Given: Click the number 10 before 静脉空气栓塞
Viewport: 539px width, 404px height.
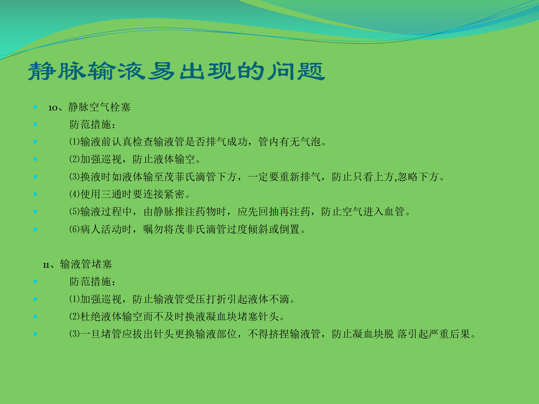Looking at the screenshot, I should pyautogui.click(x=53, y=108).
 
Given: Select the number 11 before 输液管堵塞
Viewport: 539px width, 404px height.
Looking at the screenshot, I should pyautogui.click(x=46, y=265).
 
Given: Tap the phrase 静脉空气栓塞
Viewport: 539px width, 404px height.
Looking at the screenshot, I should pyautogui.click(x=99, y=107).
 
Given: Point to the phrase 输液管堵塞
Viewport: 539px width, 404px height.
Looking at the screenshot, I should pyautogui.click(x=86, y=264).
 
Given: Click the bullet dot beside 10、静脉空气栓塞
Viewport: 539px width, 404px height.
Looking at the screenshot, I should pyautogui.click(x=35, y=107).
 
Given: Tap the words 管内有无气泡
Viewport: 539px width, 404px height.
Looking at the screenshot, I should pyautogui.click(x=289, y=142).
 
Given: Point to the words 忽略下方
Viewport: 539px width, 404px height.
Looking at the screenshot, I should pyautogui.click(x=418, y=177).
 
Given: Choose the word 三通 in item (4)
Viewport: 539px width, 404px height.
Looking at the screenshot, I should pyautogui.click(x=111, y=194).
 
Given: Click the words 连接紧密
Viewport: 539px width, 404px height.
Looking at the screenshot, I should pyautogui.click(x=164, y=194).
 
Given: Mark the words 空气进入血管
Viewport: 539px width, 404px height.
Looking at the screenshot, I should pyautogui.click(x=373, y=212).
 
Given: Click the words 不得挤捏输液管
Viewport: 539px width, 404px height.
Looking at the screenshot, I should pyautogui.click(x=284, y=334).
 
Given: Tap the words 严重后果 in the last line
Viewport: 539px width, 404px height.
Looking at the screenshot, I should pyautogui.click(x=450, y=334).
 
